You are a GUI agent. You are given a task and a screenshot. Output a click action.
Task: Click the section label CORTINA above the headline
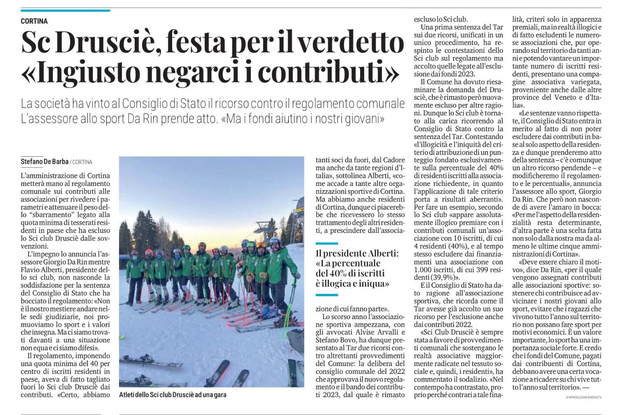(35, 21)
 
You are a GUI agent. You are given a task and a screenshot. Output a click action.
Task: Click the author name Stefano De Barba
(45, 161)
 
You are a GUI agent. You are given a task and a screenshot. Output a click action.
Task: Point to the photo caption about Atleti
(173, 395)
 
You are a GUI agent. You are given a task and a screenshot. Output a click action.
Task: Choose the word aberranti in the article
(481, 199)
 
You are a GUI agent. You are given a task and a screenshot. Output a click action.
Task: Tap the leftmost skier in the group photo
(135, 272)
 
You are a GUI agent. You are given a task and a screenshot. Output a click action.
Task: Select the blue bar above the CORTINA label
(66, 11)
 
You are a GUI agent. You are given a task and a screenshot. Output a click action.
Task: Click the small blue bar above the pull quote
(326, 243)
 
